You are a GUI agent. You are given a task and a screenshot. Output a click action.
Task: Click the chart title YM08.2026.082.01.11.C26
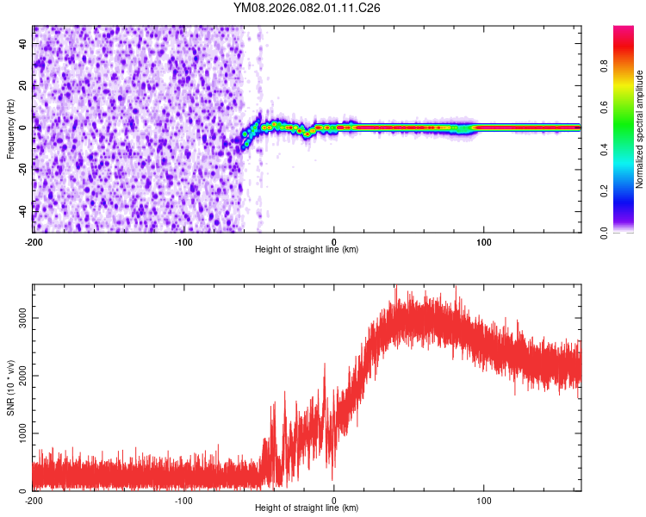(x=307, y=8)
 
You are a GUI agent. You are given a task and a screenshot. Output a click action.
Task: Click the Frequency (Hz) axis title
(x=10, y=129)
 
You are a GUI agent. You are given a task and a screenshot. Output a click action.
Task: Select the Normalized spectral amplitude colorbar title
(x=640, y=129)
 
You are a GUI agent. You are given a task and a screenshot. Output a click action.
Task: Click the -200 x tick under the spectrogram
(x=33, y=240)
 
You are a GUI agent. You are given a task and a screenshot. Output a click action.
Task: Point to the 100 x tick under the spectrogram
(x=484, y=240)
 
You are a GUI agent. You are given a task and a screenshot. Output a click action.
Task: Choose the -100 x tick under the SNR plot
(x=183, y=500)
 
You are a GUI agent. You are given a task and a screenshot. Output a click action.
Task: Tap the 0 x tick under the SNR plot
(x=334, y=500)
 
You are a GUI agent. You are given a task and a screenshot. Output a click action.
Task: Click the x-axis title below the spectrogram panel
(x=307, y=250)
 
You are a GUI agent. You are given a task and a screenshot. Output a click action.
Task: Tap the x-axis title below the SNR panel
(x=307, y=508)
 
